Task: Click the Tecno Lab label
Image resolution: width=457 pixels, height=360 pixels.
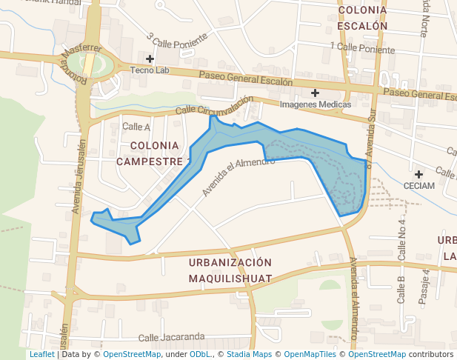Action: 150,70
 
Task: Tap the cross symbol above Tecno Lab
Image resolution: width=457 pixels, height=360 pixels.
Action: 150,59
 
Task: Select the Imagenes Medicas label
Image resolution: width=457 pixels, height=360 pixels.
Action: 316,104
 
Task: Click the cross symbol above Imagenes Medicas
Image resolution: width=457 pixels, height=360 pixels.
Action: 316,93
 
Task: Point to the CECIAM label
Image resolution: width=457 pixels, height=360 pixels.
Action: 419,185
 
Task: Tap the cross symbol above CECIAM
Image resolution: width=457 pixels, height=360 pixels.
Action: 419,173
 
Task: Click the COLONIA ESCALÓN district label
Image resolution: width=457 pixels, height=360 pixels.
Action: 363,18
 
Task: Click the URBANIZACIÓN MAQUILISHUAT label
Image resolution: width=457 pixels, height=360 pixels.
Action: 230,270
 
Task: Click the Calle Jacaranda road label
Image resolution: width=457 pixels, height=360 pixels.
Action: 171,337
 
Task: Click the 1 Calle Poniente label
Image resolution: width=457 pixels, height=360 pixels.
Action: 365,48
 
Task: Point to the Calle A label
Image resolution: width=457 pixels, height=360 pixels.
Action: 136,127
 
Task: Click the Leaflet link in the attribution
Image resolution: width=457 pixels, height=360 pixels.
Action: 41,355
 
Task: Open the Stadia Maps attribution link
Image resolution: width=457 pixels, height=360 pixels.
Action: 249,355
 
